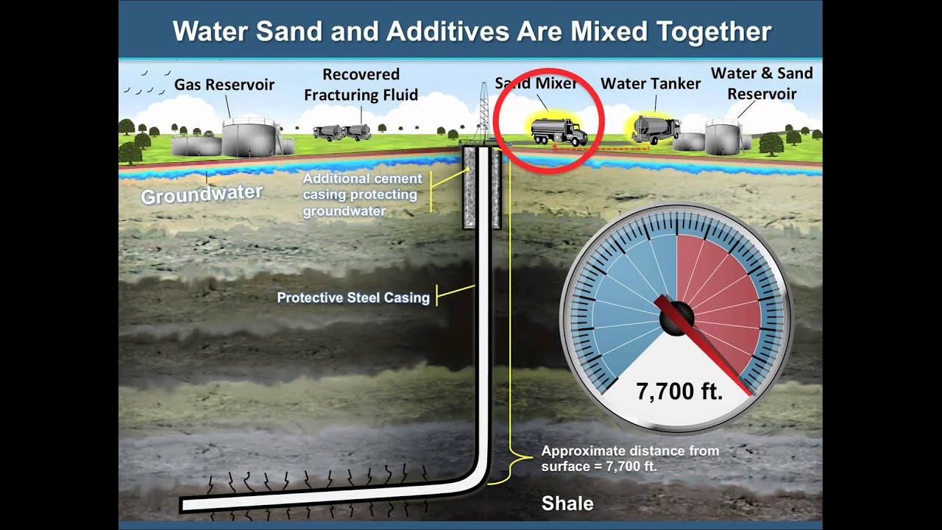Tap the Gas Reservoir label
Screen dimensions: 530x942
[x=224, y=85]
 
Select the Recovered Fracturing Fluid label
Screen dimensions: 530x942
[x=361, y=85]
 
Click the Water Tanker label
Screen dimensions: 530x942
[x=651, y=83]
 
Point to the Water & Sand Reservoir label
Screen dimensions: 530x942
[x=762, y=83]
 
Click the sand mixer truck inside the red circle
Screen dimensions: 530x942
[x=559, y=132]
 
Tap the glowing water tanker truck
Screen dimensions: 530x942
[x=655, y=130]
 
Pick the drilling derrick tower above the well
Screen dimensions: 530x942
[x=484, y=110]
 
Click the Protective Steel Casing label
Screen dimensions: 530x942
[x=353, y=298]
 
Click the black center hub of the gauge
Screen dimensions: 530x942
[x=676, y=318]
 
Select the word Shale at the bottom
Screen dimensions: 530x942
[x=567, y=504]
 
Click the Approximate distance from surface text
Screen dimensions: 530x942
[x=630, y=458]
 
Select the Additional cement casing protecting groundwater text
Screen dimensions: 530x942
[x=362, y=194]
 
